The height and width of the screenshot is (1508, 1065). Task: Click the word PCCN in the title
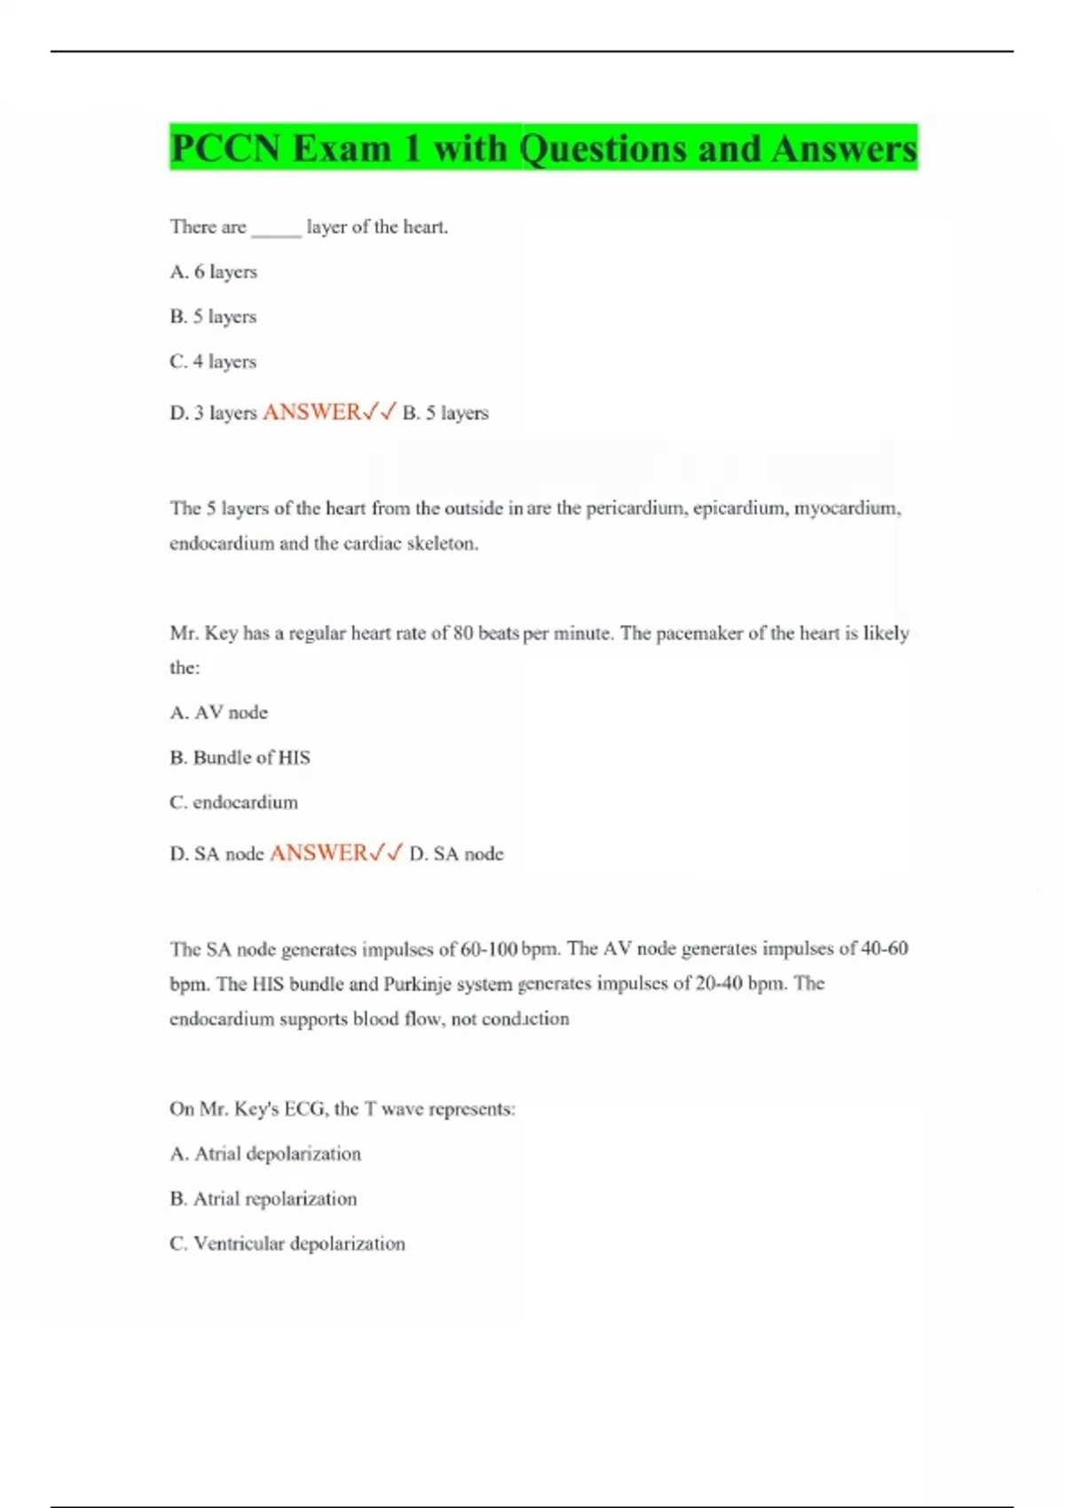[225, 148]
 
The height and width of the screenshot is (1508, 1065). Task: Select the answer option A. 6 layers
[213, 271]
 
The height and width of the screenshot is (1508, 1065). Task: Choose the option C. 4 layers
[213, 361]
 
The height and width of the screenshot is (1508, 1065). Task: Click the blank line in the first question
[276, 229]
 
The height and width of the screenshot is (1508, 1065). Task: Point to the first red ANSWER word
[312, 412]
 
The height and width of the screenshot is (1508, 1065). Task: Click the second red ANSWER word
[319, 852]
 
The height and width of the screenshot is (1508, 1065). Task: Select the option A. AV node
[218, 712]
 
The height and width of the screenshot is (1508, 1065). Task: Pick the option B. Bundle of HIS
[240, 757]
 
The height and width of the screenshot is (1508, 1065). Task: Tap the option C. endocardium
[233, 802]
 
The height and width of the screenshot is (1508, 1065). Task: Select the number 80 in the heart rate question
[463, 633]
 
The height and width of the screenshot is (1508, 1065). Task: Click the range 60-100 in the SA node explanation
[489, 948]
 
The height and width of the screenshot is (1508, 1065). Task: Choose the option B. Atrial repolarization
[263, 1198]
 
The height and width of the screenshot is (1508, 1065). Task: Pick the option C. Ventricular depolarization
[287, 1244]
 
